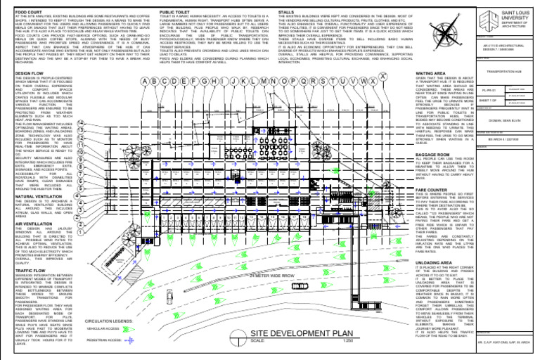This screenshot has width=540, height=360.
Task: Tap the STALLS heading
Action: click(285, 13)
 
